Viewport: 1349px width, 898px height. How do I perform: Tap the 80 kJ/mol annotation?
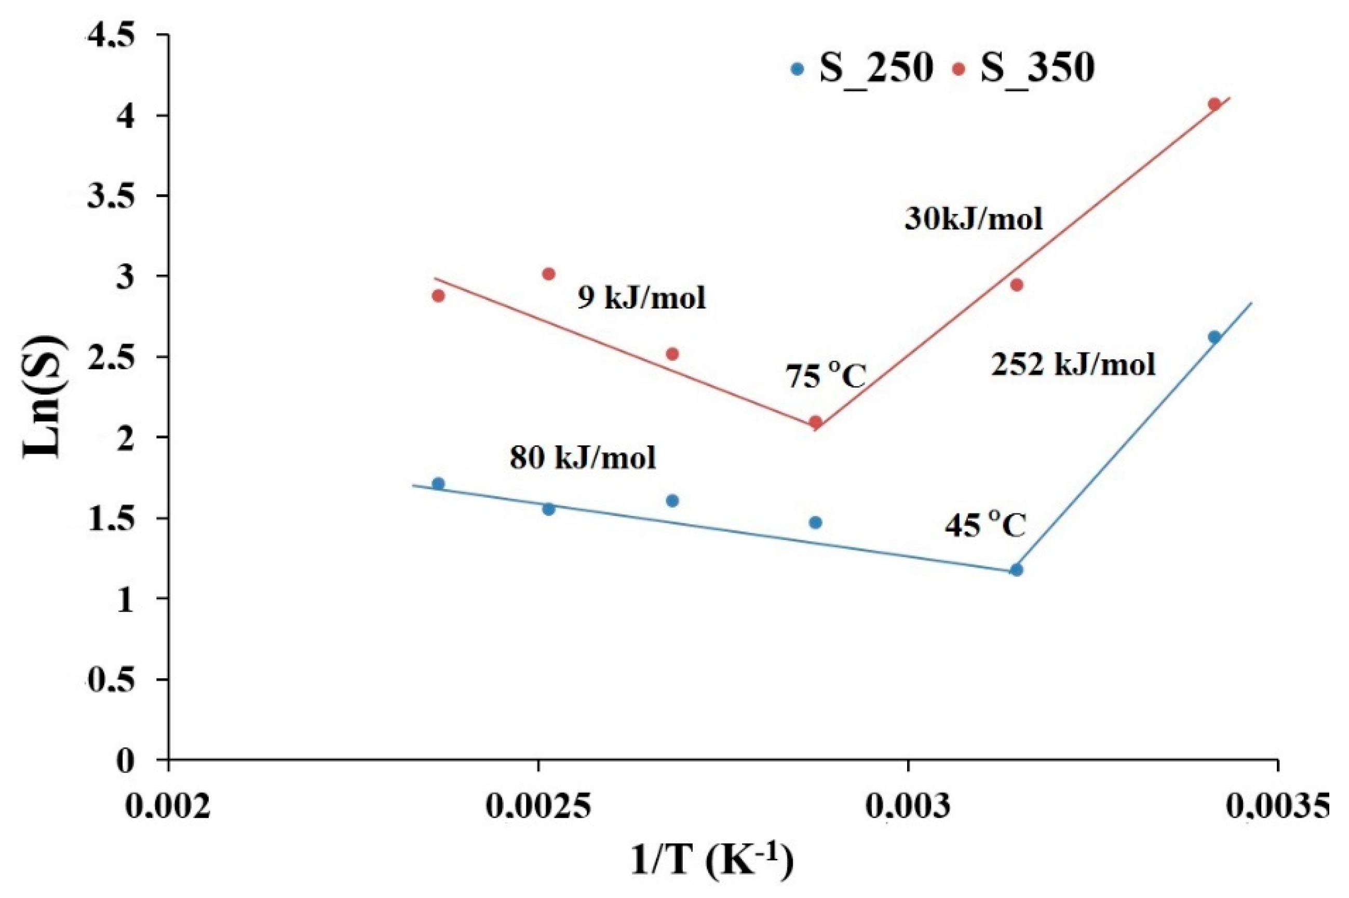click(583, 458)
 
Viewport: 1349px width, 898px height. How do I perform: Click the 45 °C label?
click(985, 526)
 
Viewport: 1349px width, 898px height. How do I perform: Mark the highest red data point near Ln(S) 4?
click(1215, 104)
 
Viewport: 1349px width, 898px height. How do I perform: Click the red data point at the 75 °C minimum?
click(816, 422)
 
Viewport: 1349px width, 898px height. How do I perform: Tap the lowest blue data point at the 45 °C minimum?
click(1017, 570)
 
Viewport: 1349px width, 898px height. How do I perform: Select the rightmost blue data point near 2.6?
click(1215, 337)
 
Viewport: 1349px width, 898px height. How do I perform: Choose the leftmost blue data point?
click(438, 483)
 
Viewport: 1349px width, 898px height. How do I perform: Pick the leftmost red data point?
click(438, 296)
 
